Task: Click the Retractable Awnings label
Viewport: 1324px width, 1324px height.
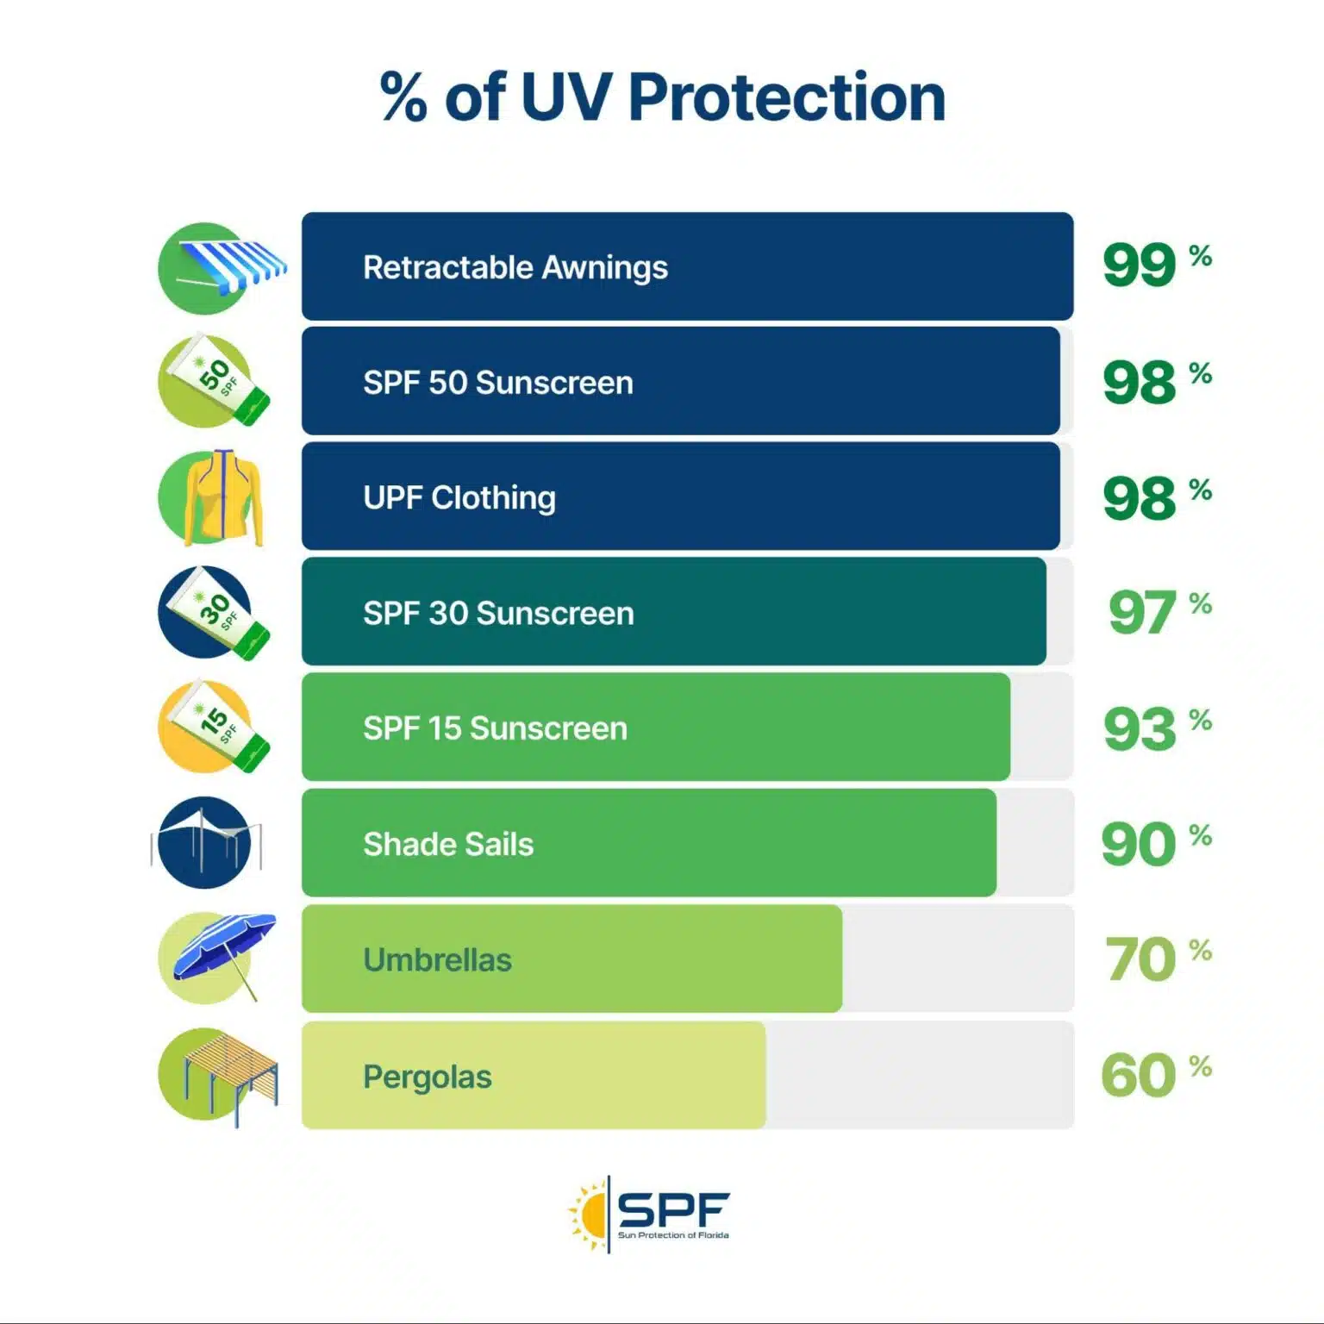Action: coord(515,267)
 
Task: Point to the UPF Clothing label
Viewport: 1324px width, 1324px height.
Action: coord(459,497)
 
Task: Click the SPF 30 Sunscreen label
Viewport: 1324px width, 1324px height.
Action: coord(498,613)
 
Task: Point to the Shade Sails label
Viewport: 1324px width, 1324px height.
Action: coord(448,844)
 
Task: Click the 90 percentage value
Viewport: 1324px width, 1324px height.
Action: coord(1155,843)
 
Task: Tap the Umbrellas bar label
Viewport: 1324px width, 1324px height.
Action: coord(437,959)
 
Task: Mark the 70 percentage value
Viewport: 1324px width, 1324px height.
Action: coord(1157,959)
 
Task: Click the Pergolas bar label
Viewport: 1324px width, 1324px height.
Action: coord(427,1077)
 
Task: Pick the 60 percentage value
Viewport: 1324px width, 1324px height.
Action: coord(1155,1075)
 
